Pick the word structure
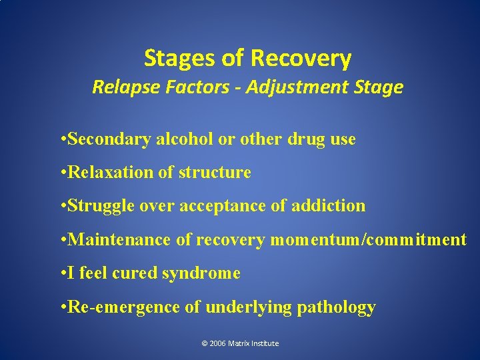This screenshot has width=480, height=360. tap(215, 173)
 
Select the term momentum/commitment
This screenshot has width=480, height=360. tap(368, 239)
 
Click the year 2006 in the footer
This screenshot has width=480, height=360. tap(217, 343)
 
